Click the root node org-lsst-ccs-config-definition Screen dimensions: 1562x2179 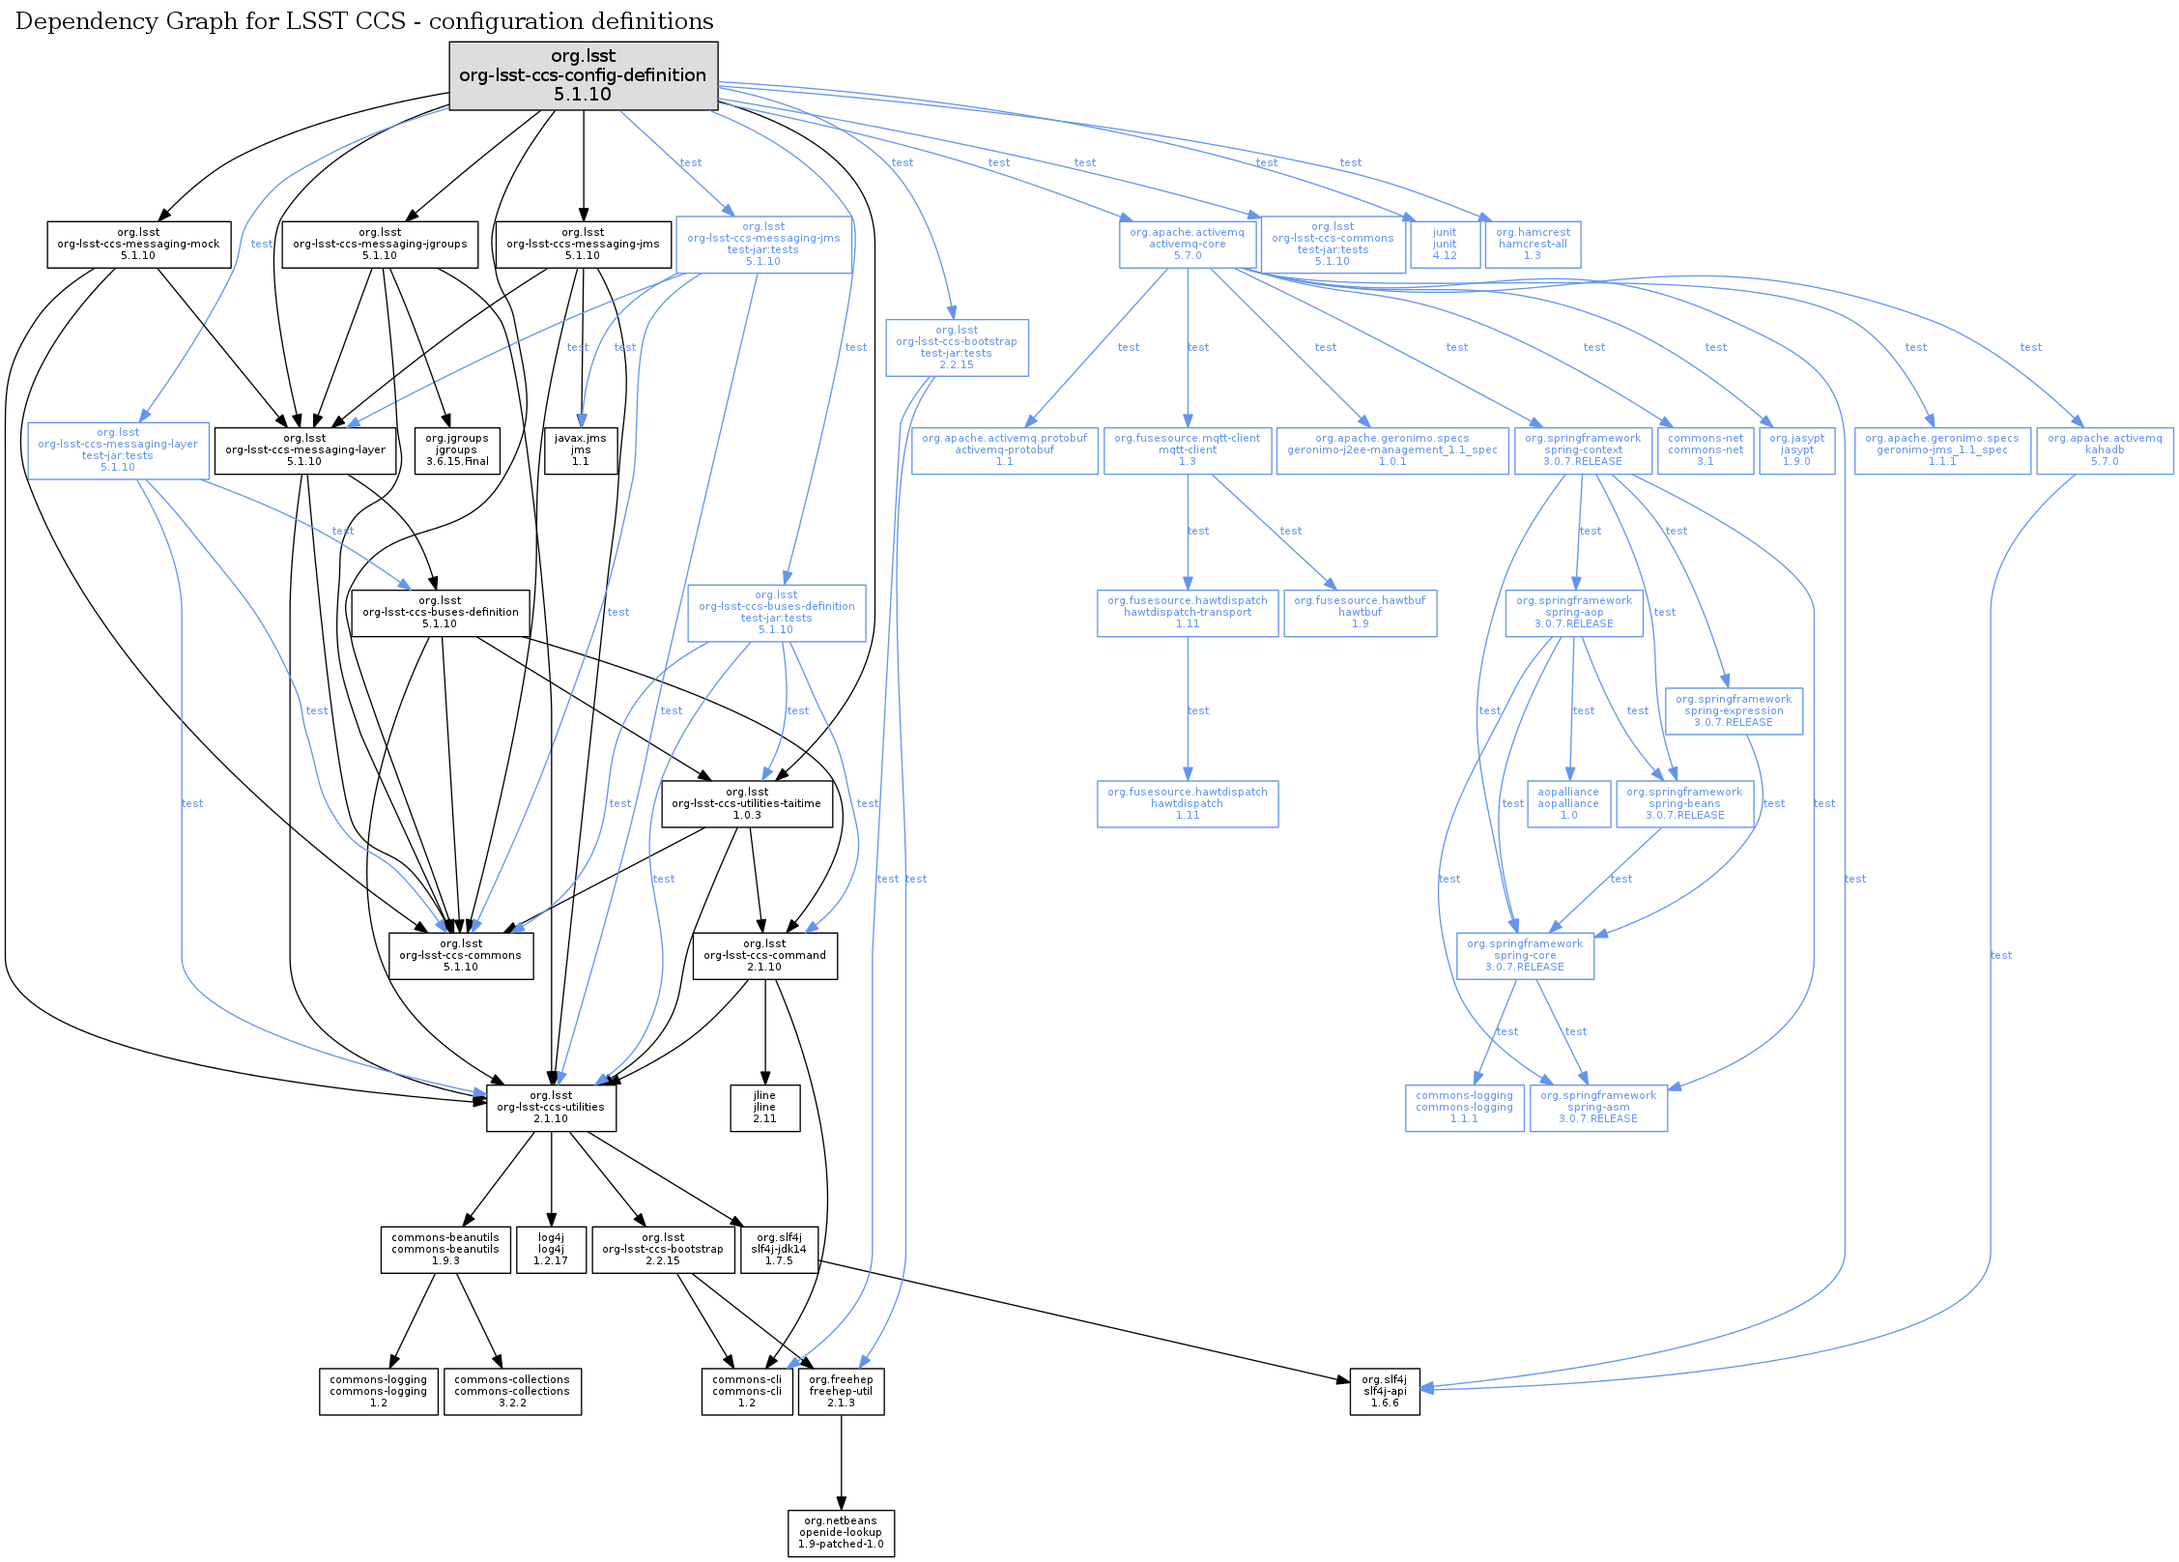[x=583, y=75]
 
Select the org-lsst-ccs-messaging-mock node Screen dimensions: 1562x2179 [x=138, y=245]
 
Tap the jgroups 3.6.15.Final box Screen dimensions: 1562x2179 [x=456, y=450]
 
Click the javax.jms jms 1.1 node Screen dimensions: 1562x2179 [x=580, y=450]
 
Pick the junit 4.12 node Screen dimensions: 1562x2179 [x=1445, y=245]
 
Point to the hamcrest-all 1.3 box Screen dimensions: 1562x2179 [x=1533, y=245]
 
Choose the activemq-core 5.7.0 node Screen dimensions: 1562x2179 [x=1187, y=245]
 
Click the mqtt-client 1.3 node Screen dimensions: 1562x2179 [x=1187, y=450]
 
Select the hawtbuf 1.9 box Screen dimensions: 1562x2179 [x=1360, y=613]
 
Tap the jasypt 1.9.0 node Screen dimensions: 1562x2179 [x=1796, y=450]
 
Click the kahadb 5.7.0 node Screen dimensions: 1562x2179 [x=2104, y=450]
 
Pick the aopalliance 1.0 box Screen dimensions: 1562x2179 [x=1568, y=804]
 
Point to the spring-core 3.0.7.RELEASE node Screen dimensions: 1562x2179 [x=1525, y=956]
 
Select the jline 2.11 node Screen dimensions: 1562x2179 [x=764, y=1108]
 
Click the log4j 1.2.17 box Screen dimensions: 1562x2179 [x=551, y=1250]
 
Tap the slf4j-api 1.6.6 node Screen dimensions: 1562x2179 [x=1385, y=1392]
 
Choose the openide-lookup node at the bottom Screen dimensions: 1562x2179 [x=841, y=1533]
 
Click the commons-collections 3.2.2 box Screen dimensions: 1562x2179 [x=512, y=1392]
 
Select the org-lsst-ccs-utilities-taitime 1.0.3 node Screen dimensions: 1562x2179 [x=747, y=804]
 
